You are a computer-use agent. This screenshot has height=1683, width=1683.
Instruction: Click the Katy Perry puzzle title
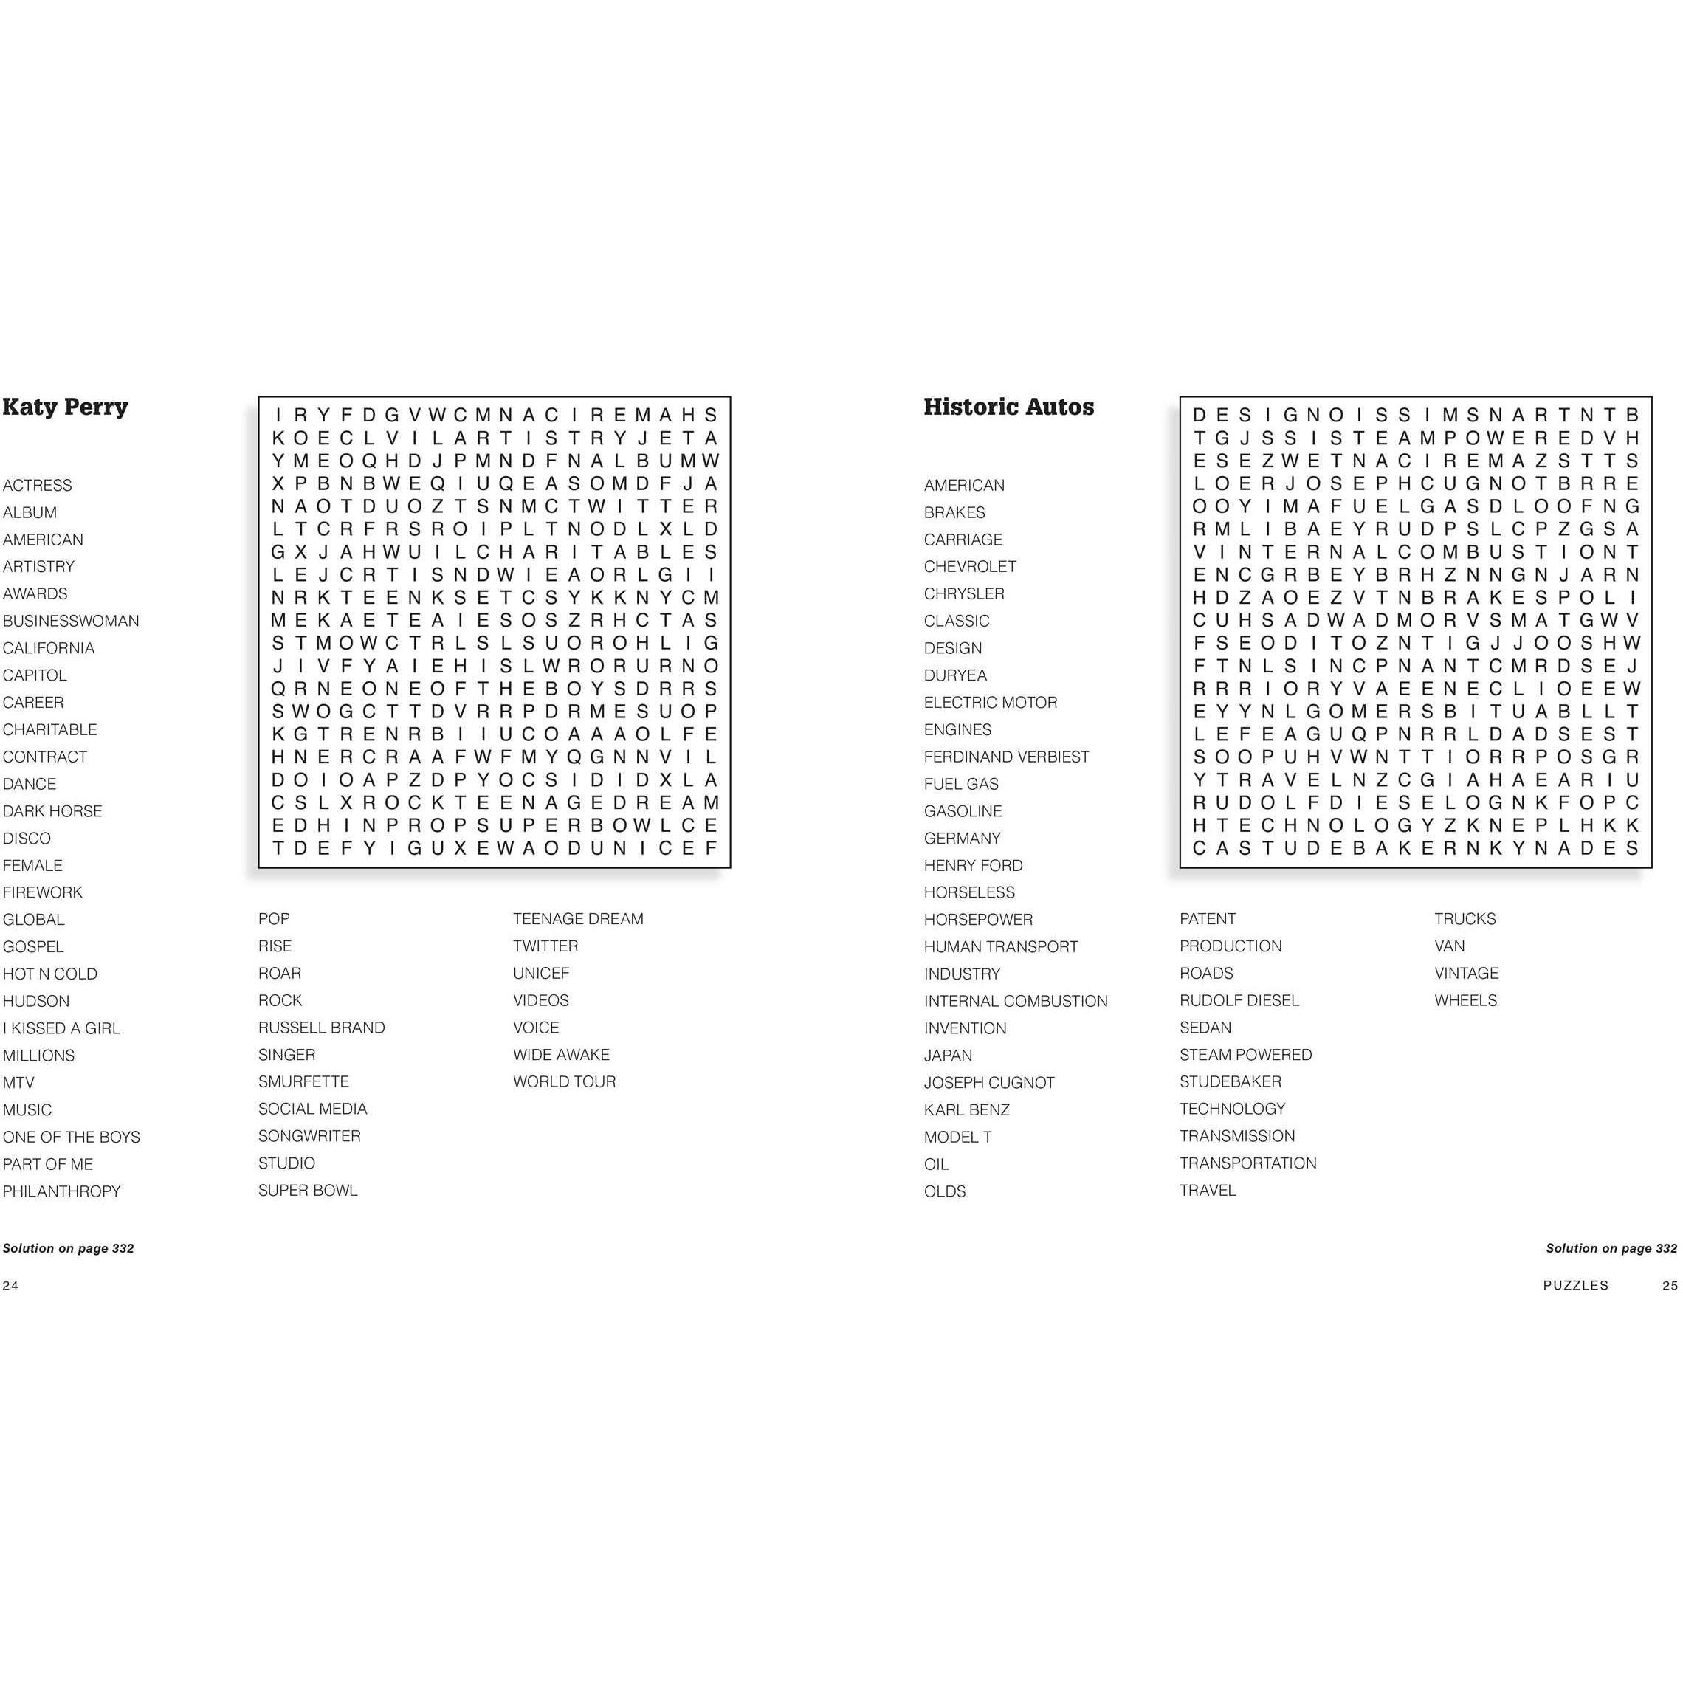[x=66, y=407]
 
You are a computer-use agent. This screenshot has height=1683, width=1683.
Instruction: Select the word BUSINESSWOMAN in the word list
[x=71, y=621]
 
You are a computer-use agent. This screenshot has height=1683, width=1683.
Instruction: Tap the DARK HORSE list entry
[x=52, y=811]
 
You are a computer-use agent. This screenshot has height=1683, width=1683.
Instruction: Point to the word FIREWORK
[x=43, y=892]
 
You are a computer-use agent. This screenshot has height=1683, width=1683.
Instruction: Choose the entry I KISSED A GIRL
[x=61, y=1028]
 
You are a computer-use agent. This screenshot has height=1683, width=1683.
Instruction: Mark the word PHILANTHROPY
[x=62, y=1191]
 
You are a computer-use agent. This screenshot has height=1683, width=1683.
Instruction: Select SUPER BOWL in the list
[x=308, y=1190]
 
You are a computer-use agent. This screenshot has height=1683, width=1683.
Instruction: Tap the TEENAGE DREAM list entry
[x=577, y=918]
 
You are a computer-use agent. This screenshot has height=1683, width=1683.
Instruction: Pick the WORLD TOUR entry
[x=564, y=1081]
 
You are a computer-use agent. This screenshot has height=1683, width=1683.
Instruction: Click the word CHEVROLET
[x=969, y=566]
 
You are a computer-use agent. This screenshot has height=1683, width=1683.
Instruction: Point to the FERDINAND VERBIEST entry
[x=1006, y=757]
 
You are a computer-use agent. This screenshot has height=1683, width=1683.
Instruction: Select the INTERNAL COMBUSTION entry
[x=1016, y=1001]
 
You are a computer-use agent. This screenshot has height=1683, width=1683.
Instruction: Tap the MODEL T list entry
[x=957, y=1137]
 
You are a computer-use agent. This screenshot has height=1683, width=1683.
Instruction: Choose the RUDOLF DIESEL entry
[x=1239, y=1000]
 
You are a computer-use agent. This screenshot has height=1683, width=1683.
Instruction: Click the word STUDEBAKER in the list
[x=1230, y=1081]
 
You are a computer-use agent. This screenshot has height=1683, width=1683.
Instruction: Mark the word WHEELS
[x=1465, y=1000]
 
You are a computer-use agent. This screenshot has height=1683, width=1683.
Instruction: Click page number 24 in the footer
[x=10, y=1285]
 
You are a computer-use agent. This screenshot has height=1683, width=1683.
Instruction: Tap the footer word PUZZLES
[x=1575, y=1285]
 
